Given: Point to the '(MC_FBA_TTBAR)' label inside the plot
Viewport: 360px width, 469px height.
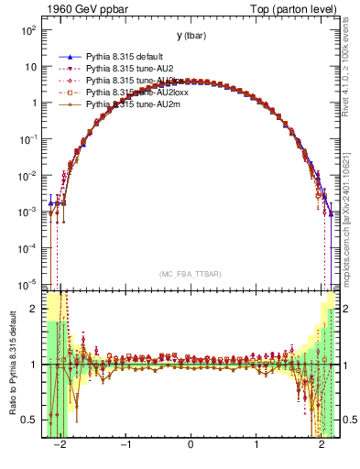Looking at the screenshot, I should (191, 274).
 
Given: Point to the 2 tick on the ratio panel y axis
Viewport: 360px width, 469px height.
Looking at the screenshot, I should (34, 309).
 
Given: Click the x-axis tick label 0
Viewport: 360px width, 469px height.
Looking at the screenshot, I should (191, 447).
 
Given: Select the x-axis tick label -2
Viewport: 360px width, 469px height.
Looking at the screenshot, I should (60, 447).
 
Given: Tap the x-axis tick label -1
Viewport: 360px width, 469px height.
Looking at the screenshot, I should (125, 447).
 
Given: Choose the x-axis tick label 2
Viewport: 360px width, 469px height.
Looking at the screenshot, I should (322, 447).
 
